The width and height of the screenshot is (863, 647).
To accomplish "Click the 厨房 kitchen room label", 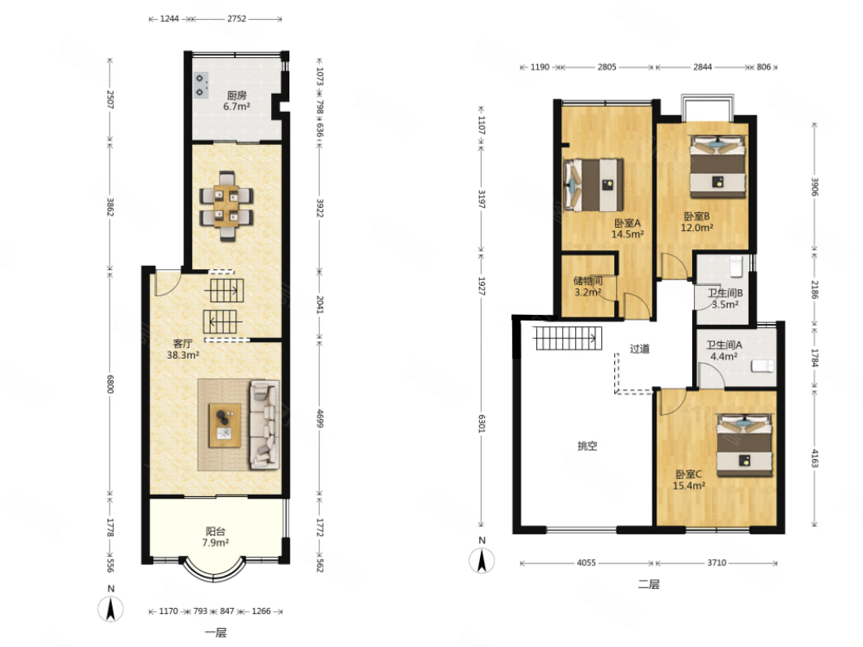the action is point(236,95).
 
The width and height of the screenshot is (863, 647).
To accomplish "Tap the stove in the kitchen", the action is point(201,85).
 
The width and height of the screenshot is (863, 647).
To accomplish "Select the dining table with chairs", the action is point(226,206).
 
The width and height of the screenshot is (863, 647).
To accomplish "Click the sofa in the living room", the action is point(264,425).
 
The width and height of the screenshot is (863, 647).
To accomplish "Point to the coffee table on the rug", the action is point(225,425).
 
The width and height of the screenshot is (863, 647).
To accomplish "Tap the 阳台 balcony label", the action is point(216,532).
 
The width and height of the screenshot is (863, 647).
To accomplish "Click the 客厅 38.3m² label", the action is point(182,350).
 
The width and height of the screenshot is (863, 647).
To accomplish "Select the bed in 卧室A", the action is point(594,185).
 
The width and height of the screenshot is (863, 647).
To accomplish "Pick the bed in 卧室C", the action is point(744,446).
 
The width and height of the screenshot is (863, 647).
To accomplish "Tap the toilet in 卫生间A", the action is point(763,366).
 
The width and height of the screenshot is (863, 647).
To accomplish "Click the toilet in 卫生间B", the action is point(736,266).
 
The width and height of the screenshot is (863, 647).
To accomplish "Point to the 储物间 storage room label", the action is point(588,281).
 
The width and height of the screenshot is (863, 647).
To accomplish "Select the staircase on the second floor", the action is point(567,338).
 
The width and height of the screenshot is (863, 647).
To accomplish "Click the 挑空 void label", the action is point(587,446).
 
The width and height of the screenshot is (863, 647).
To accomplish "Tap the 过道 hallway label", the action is point(639,348).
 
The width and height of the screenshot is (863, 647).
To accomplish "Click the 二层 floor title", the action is point(648,584).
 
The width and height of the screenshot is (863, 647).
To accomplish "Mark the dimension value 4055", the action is point(586,563).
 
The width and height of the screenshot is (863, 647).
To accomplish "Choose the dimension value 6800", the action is point(110,384).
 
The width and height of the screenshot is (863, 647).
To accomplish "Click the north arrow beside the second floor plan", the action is point(482,561).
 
